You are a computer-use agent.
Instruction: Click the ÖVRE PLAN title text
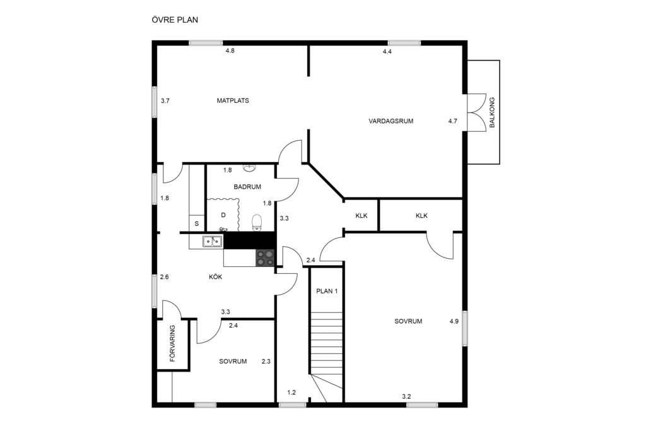pyautogui.click(x=175, y=20)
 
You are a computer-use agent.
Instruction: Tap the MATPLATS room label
pyautogui.click(x=233, y=100)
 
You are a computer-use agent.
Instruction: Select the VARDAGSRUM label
pyautogui.click(x=391, y=121)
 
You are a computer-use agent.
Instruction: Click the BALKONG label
pyautogui.click(x=491, y=112)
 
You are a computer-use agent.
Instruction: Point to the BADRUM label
pyautogui.click(x=247, y=187)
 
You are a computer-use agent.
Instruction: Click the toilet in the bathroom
pyautogui.click(x=257, y=222)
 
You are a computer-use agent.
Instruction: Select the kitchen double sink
pyautogui.click(x=213, y=241)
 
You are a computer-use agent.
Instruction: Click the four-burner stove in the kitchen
pyautogui.click(x=266, y=258)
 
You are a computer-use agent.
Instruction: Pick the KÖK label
pyautogui.click(x=215, y=277)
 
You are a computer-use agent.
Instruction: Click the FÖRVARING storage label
pyautogui.click(x=172, y=343)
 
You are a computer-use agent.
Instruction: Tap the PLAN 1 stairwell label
pyautogui.click(x=327, y=291)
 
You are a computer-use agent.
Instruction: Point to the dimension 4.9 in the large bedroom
pyautogui.click(x=454, y=321)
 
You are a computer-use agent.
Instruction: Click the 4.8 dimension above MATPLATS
pyautogui.click(x=230, y=51)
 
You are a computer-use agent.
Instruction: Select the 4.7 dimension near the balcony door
pyautogui.click(x=452, y=121)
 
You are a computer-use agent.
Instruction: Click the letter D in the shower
pyautogui.click(x=223, y=215)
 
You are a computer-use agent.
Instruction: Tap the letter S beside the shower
pyautogui.click(x=197, y=224)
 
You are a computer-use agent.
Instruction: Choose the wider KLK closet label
pyautogui.click(x=421, y=216)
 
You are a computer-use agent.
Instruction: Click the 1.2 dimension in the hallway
pyautogui.click(x=291, y=393)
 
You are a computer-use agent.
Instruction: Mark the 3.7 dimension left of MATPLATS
pyautogui.click(x=165, y=100)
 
